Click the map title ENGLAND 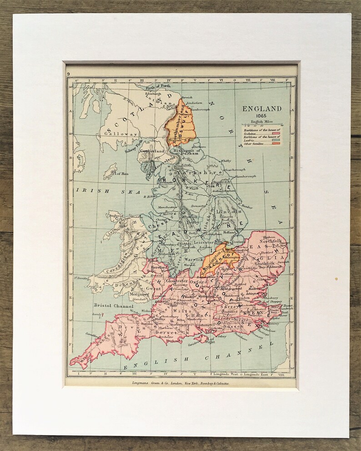coord(261,109)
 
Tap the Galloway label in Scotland coord(114,134)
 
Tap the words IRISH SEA coord(100,192)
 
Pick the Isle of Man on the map coord(110,171)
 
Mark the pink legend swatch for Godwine coord(276,132)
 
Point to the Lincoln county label coord(229,212)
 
